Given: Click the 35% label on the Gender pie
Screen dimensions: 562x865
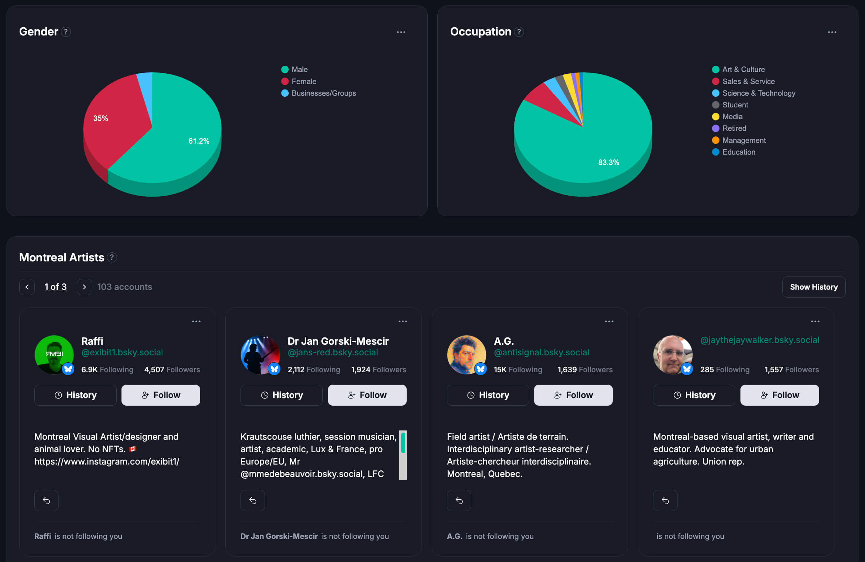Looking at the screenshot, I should tap(100, 118).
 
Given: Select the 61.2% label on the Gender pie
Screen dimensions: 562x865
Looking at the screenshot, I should tap(199, 141).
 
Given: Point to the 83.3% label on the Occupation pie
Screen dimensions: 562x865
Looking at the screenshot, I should tap(608, 163).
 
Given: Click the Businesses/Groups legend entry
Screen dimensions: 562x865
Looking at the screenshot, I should tap(323, 93).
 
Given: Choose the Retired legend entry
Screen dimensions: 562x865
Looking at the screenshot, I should tap(734, 128).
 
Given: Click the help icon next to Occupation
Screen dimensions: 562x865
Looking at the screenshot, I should tap(519, 32).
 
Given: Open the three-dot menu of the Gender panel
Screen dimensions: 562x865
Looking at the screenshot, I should tap(401, 32).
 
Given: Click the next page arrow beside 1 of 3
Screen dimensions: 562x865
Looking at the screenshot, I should tap(84, 287).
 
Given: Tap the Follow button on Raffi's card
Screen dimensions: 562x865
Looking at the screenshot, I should tap(161, 395).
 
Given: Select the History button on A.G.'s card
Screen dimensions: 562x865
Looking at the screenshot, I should tap(488, 395).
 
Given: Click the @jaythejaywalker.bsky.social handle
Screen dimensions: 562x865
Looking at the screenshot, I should tap(759, 340).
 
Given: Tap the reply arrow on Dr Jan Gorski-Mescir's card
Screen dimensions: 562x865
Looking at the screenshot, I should tap(253, 500).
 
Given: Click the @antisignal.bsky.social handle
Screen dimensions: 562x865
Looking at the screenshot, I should tap(541, 352).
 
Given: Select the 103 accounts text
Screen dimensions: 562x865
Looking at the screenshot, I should tap(125, 287).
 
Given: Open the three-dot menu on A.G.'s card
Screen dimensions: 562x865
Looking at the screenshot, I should tap(609, 322).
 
